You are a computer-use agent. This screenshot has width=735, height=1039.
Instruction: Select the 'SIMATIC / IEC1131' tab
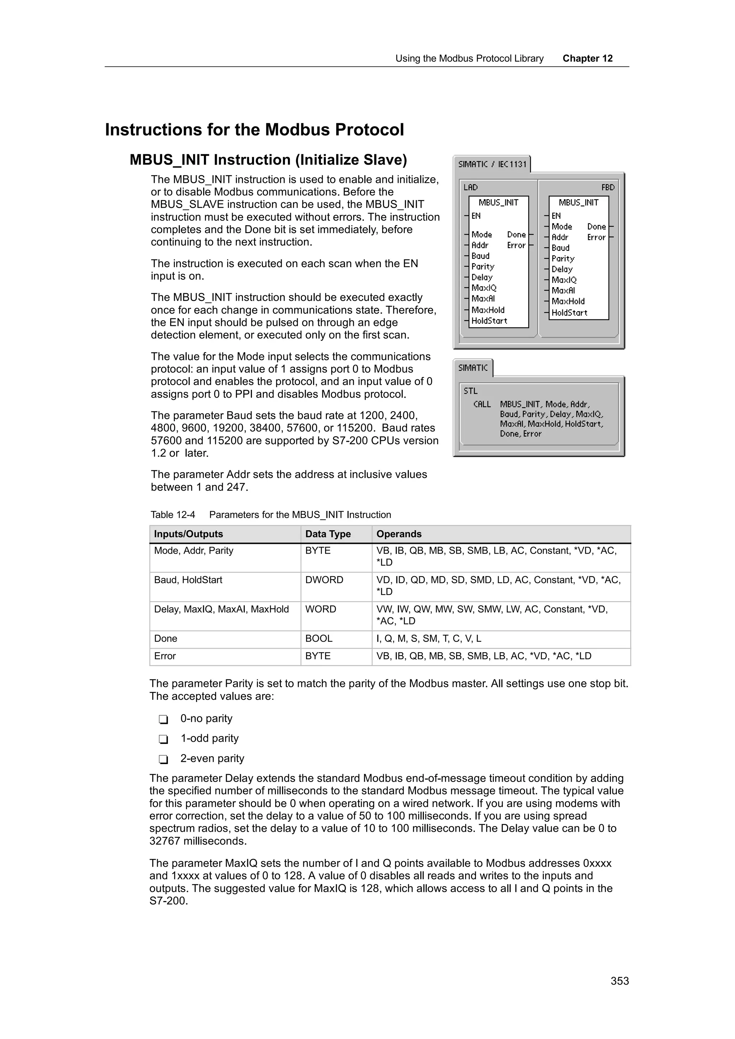click(492, 164)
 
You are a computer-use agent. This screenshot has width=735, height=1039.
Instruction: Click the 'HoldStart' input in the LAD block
click(489, 321)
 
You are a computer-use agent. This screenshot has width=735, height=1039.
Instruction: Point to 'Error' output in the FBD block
click(596, 237)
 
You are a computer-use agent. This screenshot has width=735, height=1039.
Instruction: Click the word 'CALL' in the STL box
click(482, 404)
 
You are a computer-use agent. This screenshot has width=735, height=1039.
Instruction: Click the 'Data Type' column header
click(328, 534)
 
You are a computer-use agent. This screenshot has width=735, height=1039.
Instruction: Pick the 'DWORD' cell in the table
click(324, 580)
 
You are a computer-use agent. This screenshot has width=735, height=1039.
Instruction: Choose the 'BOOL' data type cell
click(318, 639)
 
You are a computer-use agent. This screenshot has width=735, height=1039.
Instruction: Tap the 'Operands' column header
click(398, 534)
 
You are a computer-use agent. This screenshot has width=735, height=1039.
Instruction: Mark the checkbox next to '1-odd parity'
click(164, 739)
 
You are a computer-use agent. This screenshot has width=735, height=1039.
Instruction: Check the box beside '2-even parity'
click(164, 759)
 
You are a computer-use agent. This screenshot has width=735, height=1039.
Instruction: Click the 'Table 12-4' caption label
click(173, 514)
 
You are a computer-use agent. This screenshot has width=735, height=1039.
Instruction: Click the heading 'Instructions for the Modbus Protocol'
click(254, 130)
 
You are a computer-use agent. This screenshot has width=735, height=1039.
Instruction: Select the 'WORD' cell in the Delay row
click(320, 609)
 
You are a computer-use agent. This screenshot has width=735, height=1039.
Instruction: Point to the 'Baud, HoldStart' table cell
click(188, 580)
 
